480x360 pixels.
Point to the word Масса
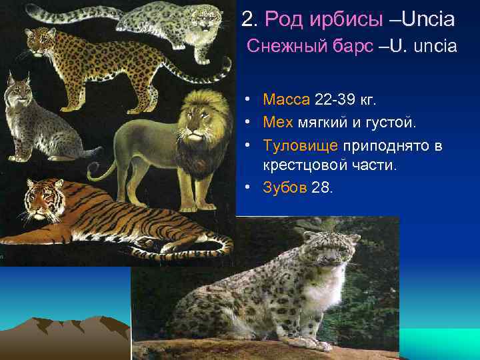[286, 100]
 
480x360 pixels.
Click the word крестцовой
[300, 165]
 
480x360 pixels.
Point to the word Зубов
[285, 187]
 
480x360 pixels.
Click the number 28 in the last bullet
[320, 187]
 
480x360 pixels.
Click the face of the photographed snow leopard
[331, 254]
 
